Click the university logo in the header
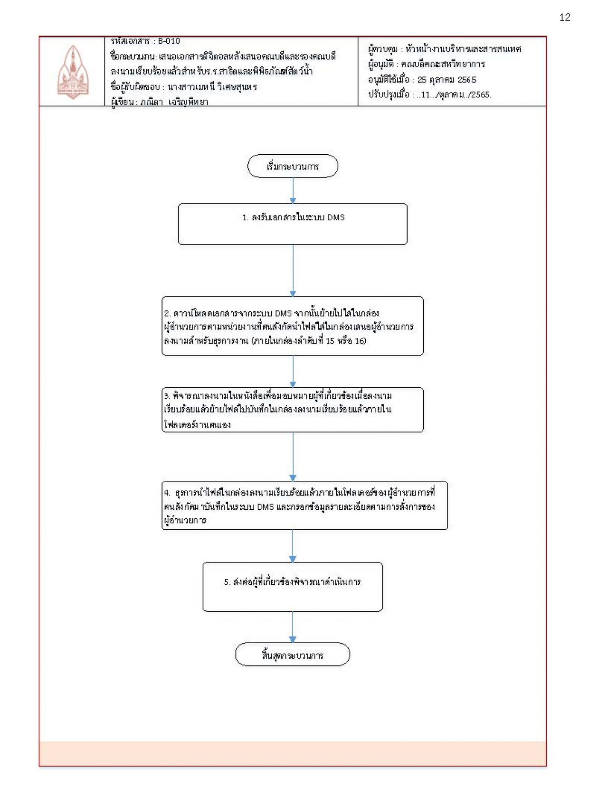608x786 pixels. click(x=73, y=72)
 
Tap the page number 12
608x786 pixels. click(x=565, y=18)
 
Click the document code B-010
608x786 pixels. click(x=169, y=41)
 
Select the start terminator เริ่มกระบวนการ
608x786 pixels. click(x=293, y=166)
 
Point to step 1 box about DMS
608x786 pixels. click(x=293, y=224)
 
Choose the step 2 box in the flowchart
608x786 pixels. click(x=293, y=326)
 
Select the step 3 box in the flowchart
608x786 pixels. click(x=293, y=410)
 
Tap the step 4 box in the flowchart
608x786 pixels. click(x=304, y=505)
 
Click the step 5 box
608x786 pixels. click(x=293, y=587)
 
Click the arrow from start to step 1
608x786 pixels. click(x=293, y=191)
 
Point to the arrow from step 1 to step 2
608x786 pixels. click(x=293, y=271)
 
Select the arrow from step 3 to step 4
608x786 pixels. click(x=293, y=457)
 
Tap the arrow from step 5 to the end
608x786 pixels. click(x=293, y=627)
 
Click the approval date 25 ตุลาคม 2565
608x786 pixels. click(x=446, y=80)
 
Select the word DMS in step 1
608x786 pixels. click(x=336, y=217)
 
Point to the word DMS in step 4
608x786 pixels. click(x=266, y=507)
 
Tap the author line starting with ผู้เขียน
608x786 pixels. click(x=160, y=102)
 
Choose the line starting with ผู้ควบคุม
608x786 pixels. click(x=445, y=49)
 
